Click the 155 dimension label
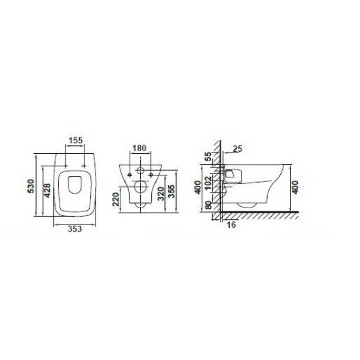(76, 140)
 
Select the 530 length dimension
(31, 186)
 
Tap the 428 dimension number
(47, 190)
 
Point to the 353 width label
(75, 229)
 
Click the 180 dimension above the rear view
(139, 148)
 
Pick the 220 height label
(116, 199)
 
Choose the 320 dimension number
(161, 194)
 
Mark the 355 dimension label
(171, 191)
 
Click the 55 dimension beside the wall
(208, 156)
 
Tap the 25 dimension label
(238, 149)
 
